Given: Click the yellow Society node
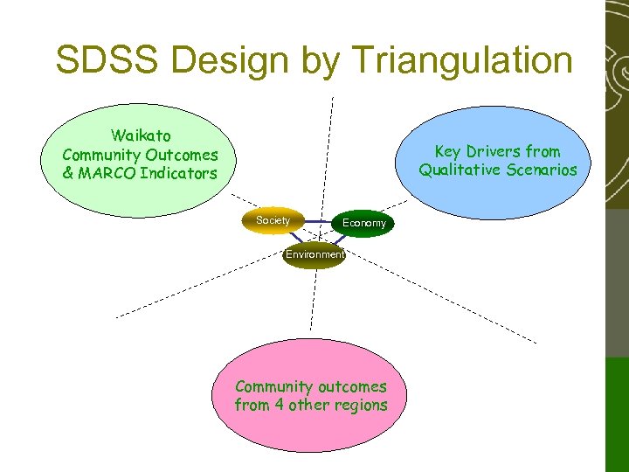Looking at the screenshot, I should [273, 220].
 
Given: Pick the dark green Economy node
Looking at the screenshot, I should [364, 223].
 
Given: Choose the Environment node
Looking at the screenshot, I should [314, 254].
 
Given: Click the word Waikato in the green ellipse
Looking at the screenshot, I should [141, 135].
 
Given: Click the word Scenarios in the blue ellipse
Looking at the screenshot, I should [543, 170].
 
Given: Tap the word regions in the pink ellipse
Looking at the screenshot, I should [358, 405].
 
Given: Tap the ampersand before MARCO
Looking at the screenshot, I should [68, 173].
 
